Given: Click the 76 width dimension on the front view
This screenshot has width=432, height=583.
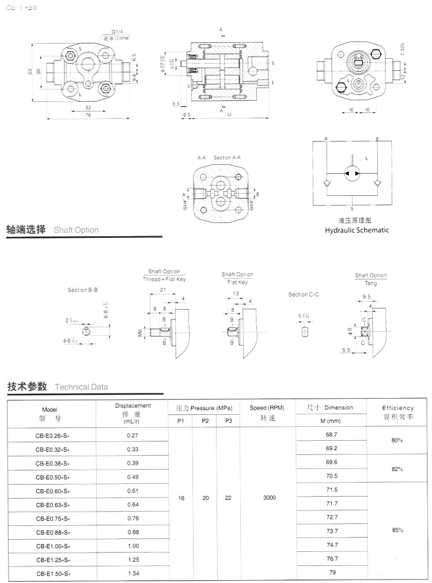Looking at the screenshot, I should tap(88, 115).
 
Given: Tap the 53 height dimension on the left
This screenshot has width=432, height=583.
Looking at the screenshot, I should tap(29, 71).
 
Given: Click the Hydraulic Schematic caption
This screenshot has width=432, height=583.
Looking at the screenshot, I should tap(357, 230).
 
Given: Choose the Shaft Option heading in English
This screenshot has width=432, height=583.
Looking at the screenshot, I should tap(76, 230).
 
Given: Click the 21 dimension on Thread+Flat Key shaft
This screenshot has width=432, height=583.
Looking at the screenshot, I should tap(163, 289).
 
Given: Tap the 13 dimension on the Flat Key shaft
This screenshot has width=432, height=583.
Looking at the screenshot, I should tap(236, 293).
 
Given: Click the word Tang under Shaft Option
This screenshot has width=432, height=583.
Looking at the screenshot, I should tap(370, 283).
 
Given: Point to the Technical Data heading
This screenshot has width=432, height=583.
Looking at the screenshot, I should tap(81, 387).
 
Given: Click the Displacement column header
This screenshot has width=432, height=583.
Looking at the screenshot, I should tap(132, 406).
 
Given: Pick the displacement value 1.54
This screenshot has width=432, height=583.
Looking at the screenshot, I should tap(132, 574).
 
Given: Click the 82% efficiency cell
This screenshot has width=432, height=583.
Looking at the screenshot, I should tap(397, 469).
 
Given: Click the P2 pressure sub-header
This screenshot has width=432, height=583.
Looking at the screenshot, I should tap(205, 421).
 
